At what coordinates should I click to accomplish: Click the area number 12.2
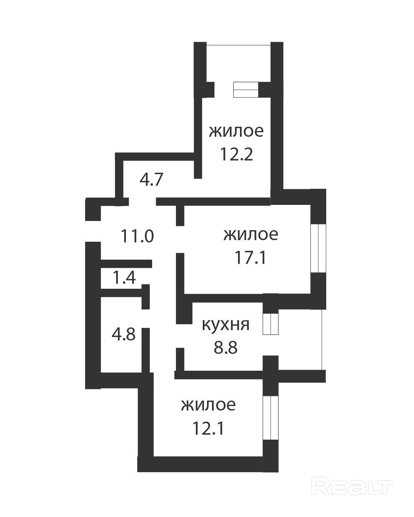(x=236, y=154)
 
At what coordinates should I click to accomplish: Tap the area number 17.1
(x=251, y=257)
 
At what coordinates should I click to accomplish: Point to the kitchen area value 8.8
(x=225, y=347)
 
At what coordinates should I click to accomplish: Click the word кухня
(x=225, y=325)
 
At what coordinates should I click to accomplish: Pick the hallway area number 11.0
(x=137, y=236)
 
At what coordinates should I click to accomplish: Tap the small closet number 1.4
(x=124, y=277)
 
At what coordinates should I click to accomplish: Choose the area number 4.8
(x=124, y=334)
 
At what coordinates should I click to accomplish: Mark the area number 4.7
(x=151, y=180)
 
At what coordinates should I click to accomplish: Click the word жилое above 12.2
(x=236, y=131)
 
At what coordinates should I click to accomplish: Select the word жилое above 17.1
(x=251, y=234)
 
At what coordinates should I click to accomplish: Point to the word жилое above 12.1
(x=208, y=405)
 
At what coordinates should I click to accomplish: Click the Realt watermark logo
(x=352, y=486)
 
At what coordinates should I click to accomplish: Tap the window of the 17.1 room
(x=318, y=248)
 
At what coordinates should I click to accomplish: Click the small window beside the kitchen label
(x=270, y=324)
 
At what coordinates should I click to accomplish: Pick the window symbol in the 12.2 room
(x=246, y=90)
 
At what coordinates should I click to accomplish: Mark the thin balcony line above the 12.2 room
(x=238, y=45)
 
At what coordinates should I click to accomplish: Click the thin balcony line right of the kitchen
(x=322, y=339)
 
